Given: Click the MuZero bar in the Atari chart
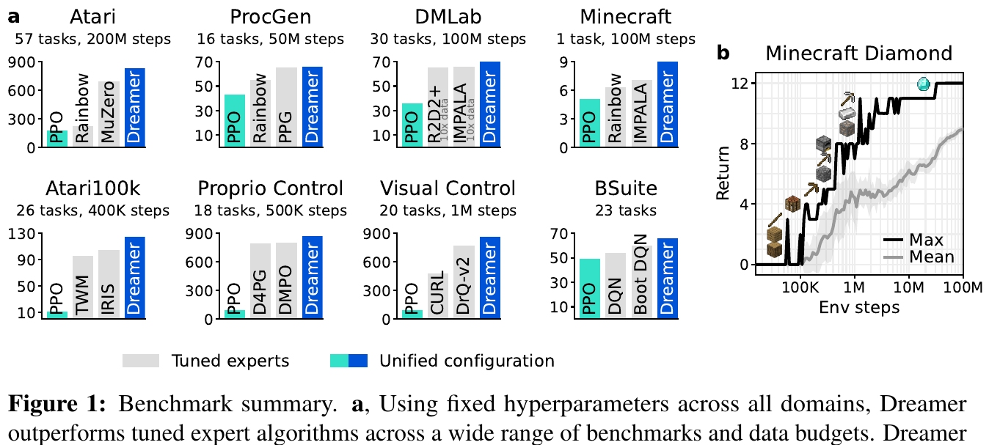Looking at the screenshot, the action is pos(109,114).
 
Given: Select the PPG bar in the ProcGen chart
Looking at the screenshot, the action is pos(286,107).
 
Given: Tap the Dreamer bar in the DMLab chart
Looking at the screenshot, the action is pos(490,105).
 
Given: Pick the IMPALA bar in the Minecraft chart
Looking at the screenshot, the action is pos(641,114).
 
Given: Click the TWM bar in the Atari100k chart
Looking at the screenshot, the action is pos(83,287).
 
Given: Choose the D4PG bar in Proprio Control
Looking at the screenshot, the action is pos(260,281).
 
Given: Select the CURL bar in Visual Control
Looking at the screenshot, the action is pos(438,296).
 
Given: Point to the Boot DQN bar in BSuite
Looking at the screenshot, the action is pos(641,282).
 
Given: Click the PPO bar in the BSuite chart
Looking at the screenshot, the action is pos(590,288).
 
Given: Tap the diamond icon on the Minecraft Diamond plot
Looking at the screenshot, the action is pos(923,84).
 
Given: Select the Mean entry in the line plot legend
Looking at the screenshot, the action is pos(919,257).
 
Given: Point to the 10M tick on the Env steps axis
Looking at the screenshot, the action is pos(908,287).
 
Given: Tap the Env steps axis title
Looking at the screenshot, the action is pos(859,307).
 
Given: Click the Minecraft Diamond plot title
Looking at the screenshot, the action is pos(858,54).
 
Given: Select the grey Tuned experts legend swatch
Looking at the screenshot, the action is pos(141,361).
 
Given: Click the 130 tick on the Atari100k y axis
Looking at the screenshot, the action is pos(22,234).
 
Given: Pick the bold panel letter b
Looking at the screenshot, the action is pos(723,53).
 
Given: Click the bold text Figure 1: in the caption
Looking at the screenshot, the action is pos(57,403).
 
